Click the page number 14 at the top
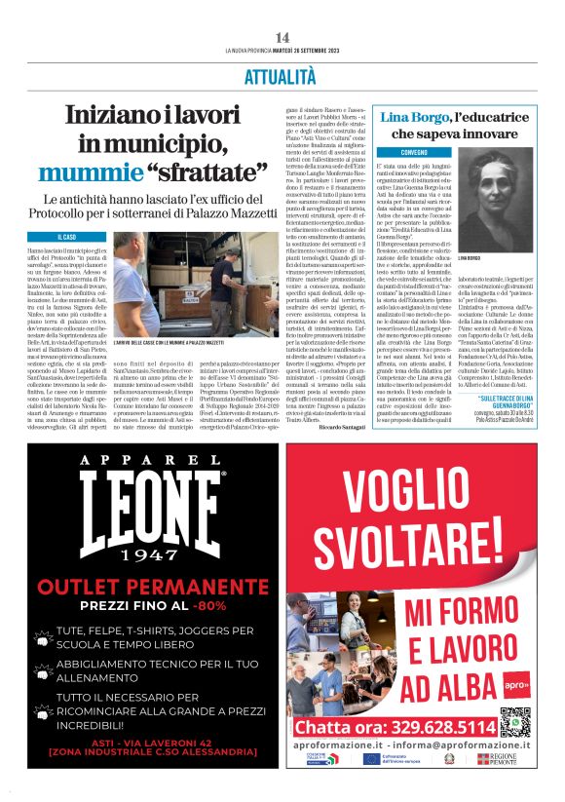pos(282,37)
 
